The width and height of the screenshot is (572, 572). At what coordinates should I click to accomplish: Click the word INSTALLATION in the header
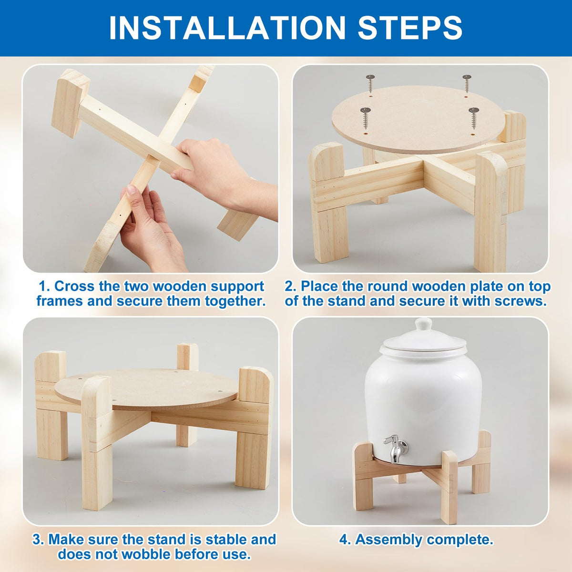pyautogui.click(x=227, y=28)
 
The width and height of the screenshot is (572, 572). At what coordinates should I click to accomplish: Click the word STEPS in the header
pyautogui.click(x=410, y=28)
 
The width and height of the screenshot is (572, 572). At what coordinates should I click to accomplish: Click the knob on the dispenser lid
pyautogui.click(x=423, y=325)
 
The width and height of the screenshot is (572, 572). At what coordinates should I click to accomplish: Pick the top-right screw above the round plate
pyautogui.click(x=467, y=83)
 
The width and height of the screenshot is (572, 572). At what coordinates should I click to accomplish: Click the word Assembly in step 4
pyautogui.click(x=388, y=540)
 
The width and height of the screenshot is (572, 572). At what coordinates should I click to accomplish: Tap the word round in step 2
pyautogui.click(x=388, y=286)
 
